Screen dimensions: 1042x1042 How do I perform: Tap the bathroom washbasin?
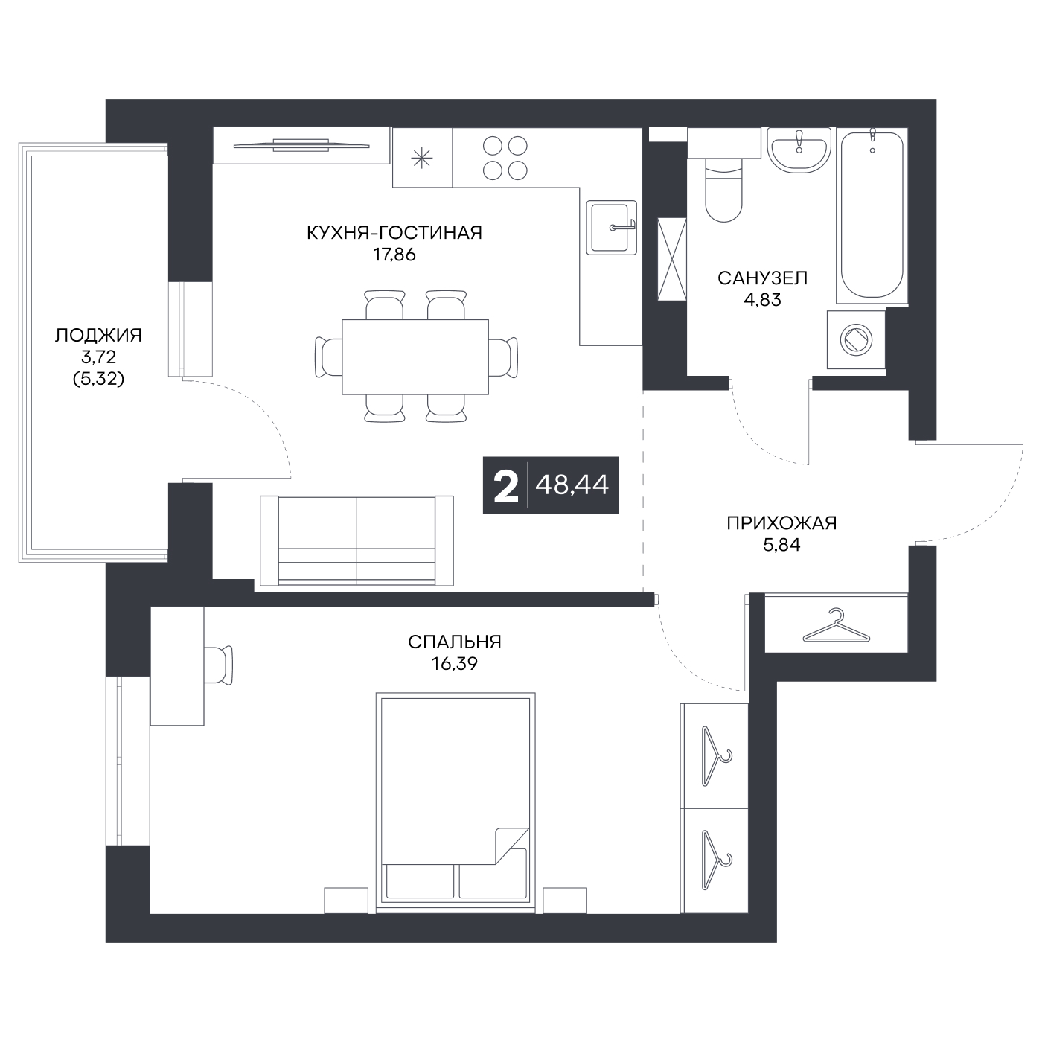(799, 150)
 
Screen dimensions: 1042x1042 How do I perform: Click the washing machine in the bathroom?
(856, 339)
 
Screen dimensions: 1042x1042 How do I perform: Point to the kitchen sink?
(612, 228)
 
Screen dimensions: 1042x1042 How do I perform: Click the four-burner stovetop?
(505, 157)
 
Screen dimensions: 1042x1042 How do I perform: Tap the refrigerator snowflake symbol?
(422, 158)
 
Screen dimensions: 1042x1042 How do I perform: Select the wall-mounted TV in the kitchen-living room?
(301, 145)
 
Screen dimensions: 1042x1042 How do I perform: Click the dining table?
(415, 357)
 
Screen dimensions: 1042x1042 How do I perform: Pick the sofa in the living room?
(357, 541)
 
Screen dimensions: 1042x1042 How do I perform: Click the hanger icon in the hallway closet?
(836, 626)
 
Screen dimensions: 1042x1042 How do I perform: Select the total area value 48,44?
(572, 485)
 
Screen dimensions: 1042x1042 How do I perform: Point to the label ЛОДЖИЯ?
(98, 335)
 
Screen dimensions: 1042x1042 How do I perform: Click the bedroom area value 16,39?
(455, 663)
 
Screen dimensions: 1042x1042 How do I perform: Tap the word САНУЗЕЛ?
(762, 278)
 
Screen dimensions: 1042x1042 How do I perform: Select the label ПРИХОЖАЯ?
(781, 523)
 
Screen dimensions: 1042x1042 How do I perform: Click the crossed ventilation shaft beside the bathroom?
(671, 259)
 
